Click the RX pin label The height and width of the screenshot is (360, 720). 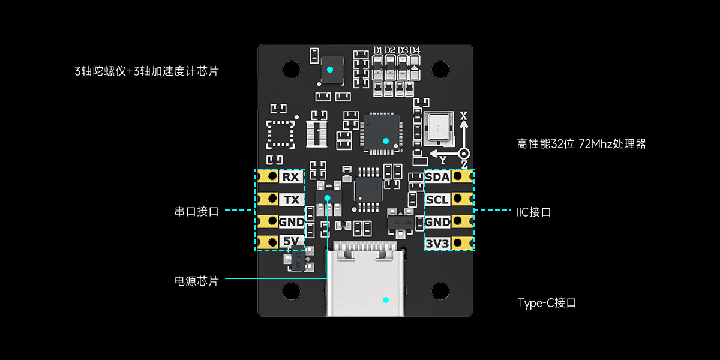tap(291, 178)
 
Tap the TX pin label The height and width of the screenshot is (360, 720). tap(291, 200)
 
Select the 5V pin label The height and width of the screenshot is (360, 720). tap(291, 242)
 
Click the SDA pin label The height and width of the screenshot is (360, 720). tap(437, 177)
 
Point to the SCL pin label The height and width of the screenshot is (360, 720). tap(437, 199)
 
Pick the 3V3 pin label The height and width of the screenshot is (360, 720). tap(437, 244)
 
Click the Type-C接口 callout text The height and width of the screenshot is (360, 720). tap(547, 303)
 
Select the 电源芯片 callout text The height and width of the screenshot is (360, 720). tap(196, 281)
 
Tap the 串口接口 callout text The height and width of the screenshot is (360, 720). tap(196, 211)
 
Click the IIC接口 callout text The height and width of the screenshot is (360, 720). tap(533, 212)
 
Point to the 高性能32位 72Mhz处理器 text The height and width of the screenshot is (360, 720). tap(581, 144)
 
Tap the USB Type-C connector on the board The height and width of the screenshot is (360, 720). tap(365, 279)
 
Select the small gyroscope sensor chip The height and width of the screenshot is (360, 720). tap(332, 70)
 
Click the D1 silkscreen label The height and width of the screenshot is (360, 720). tap(377, 50)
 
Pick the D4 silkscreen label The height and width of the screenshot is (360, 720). tap(415, 50)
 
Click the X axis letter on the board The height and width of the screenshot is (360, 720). tap(463, 115)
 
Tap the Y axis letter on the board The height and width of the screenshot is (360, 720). tap(443, 160)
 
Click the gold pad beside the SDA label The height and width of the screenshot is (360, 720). tap(460, 176)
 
